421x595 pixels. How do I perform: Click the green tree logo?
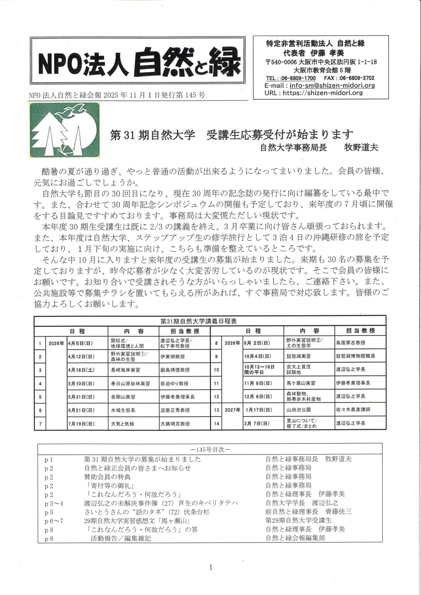(x=64, y=130)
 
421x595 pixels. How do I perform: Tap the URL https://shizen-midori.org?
(x=322, y=93)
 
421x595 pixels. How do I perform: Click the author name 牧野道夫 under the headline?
(x=361, y=148)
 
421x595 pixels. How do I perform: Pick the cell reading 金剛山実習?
(x=123, y=397)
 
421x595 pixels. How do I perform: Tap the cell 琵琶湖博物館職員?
(x=355, y=356)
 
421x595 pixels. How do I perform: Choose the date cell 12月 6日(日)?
(x=258, y=396)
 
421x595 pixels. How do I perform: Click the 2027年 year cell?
(x=232, y=410)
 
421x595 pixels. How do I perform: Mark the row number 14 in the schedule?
(x=216, y=423)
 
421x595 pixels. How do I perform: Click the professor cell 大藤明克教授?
(x=175, y=424)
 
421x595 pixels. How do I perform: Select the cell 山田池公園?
(x=299, y=410)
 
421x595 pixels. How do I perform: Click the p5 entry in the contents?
(x=49, y=512)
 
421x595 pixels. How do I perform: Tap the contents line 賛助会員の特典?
(x=107, y=477)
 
